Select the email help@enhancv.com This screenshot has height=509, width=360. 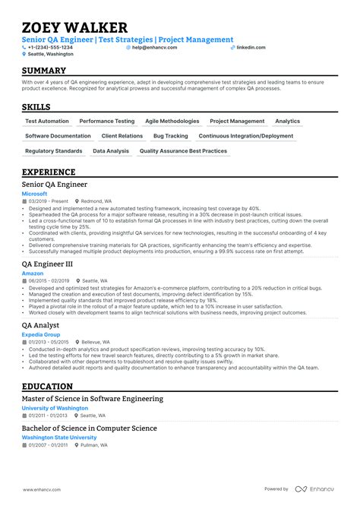(154, 47)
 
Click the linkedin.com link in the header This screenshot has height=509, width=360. (251, 47)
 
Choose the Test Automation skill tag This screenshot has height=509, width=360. (47, 122)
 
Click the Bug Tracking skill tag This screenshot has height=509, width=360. (170, 136)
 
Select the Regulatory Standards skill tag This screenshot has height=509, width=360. (53, 151)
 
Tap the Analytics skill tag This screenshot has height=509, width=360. (287, 122)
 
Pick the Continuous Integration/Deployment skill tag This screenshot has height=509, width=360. (246, 136)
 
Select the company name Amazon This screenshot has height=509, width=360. (33, 273)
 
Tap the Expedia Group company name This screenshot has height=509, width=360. (40, 334)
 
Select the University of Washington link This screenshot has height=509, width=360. (55, 408)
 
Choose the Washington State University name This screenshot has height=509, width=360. (59, 438)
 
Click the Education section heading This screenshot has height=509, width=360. (49, 386)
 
